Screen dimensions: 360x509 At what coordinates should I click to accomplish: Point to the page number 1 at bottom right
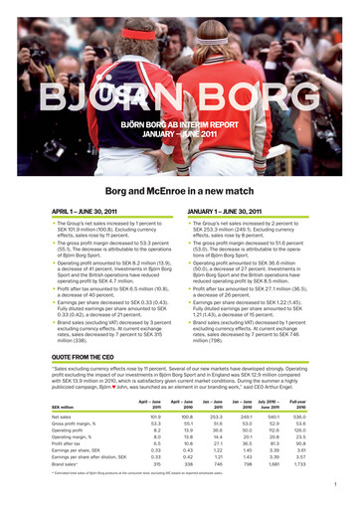coord(337,487)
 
